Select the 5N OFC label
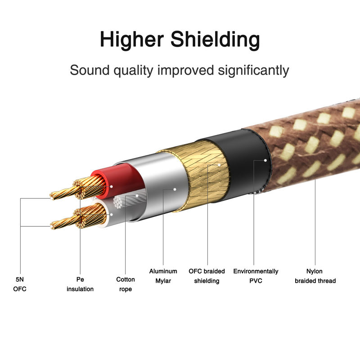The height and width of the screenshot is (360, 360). click(x=20, y=284)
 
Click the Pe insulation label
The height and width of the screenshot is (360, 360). click(x=80, y=284)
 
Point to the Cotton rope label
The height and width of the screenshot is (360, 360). click(x=126, y=284)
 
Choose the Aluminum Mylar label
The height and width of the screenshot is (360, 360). click(x=163, y=276)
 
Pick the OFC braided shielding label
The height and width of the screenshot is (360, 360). click(x=207, y=276)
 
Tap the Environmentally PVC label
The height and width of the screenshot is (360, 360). click(x=256, y=276)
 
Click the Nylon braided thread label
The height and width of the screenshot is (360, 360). click(x=315, y=276)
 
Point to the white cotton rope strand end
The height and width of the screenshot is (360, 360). click(x=121, y=203)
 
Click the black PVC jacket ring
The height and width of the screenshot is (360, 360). click(x=245, y=162)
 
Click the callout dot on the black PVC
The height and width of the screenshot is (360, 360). click(x=265, y=159)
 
